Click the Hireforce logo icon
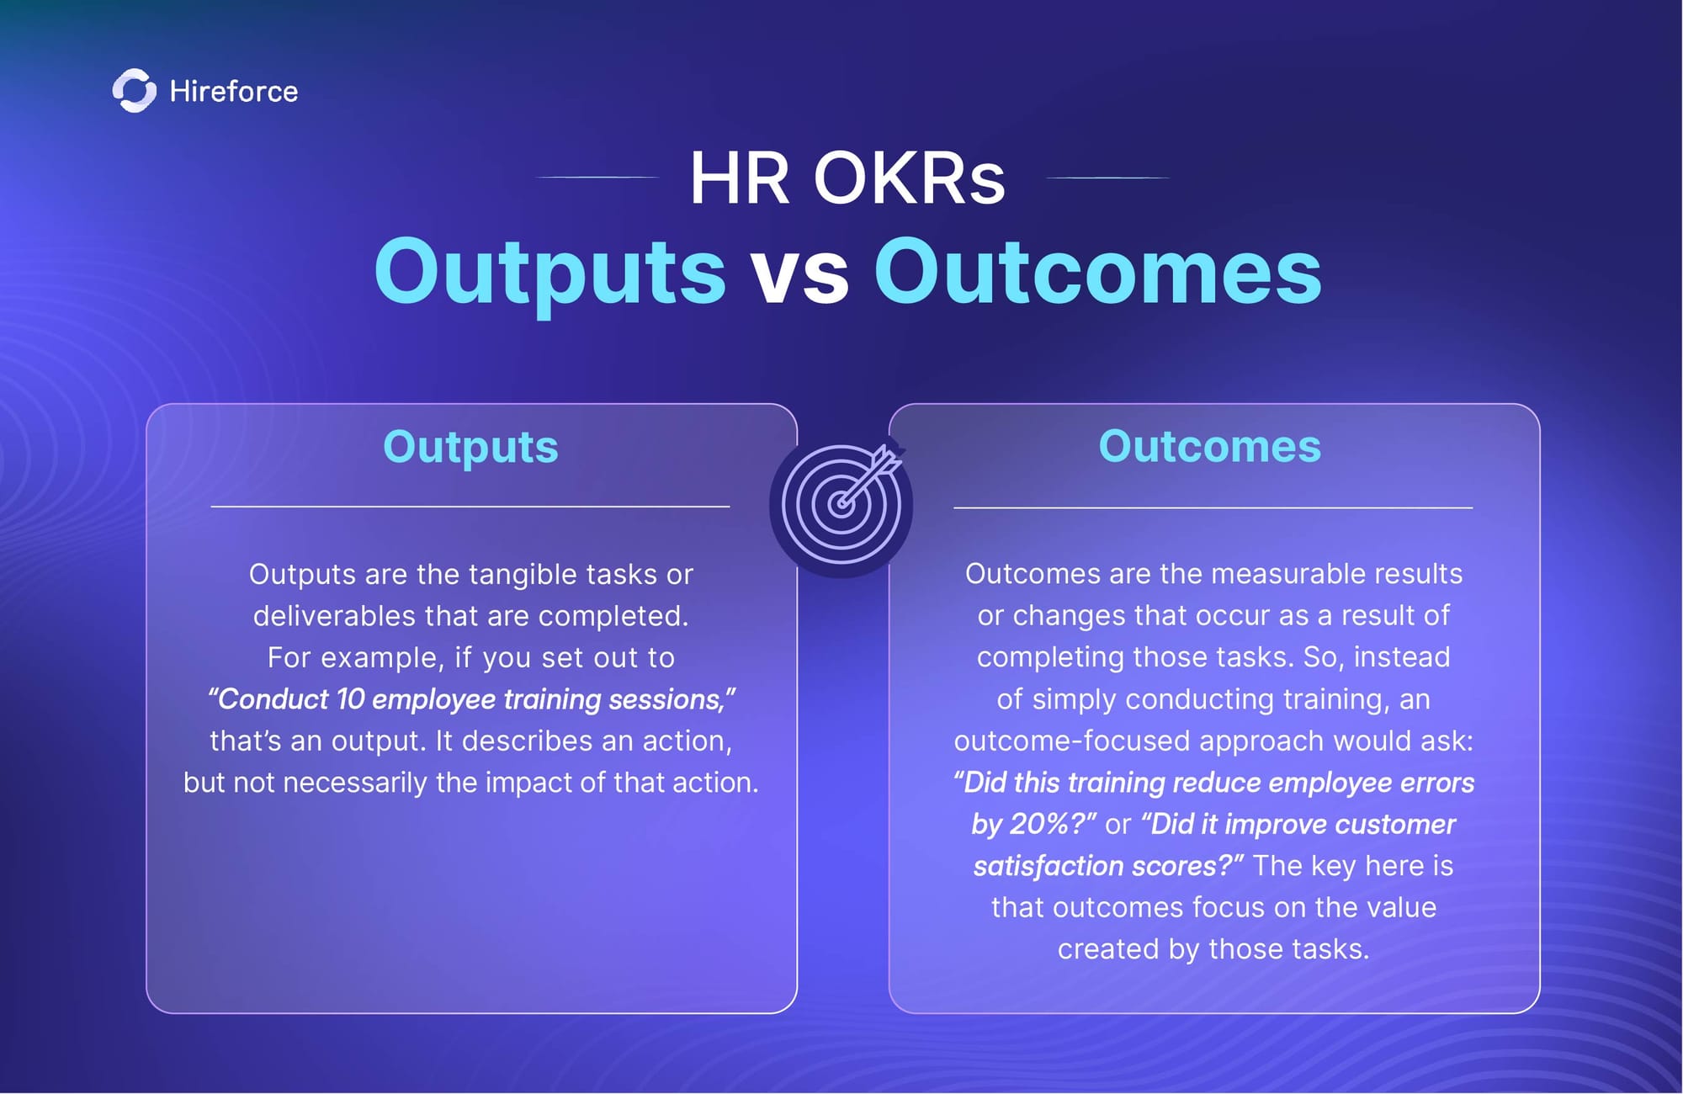134,90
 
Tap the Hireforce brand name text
234,91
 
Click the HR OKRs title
847,178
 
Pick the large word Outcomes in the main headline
1098,271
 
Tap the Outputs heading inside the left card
470,448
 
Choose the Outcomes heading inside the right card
1210,446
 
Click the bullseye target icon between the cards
841,505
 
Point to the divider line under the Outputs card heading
470,507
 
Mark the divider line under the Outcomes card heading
1213,507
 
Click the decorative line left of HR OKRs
597,178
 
